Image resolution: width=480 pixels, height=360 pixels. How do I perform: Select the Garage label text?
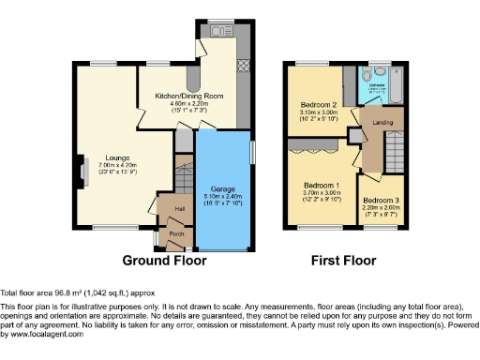(x=221, y=188)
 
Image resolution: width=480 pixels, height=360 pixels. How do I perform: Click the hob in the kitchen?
(x=244, y=67)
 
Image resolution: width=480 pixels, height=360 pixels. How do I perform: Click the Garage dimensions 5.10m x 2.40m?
(x=221, y=196)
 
